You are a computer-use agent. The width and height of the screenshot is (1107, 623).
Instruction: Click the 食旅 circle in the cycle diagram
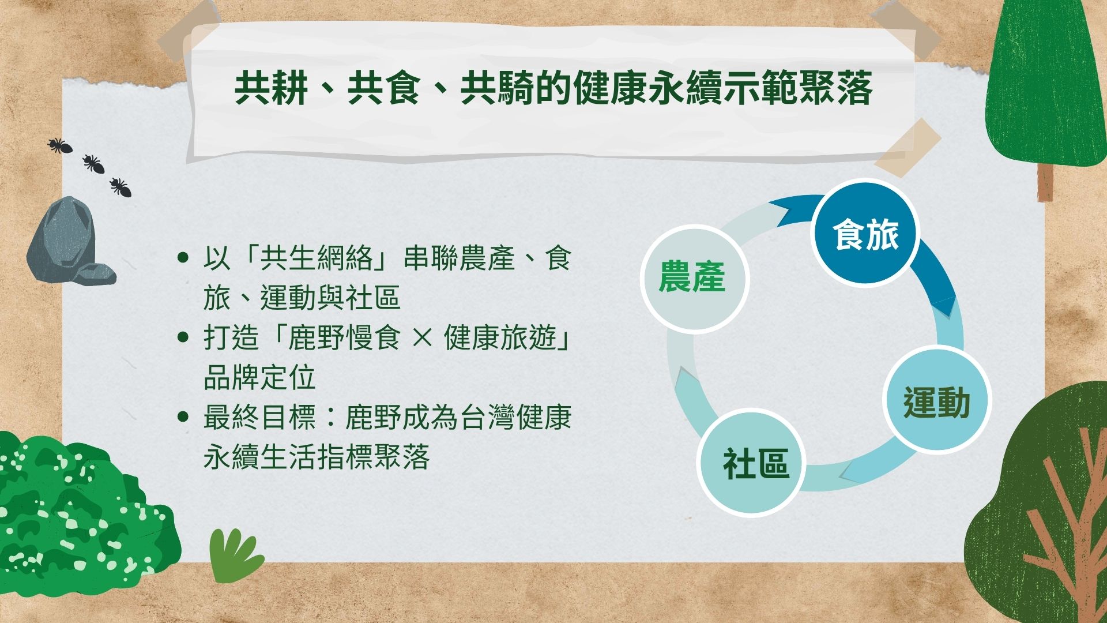[x=865, y=234]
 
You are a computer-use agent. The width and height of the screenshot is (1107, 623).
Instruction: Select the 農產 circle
[x=694, y=279]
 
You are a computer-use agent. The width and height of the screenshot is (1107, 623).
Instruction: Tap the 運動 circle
[x=936, y=401]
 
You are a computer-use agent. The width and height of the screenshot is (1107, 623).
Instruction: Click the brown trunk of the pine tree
[x=1045, y=182]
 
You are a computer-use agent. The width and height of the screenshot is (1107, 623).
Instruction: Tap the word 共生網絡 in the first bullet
[x=317, y=258]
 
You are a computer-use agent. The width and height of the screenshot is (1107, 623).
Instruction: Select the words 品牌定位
[x=260, y=378]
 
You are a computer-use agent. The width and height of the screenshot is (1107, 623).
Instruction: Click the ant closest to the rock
[x=121, y=187]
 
